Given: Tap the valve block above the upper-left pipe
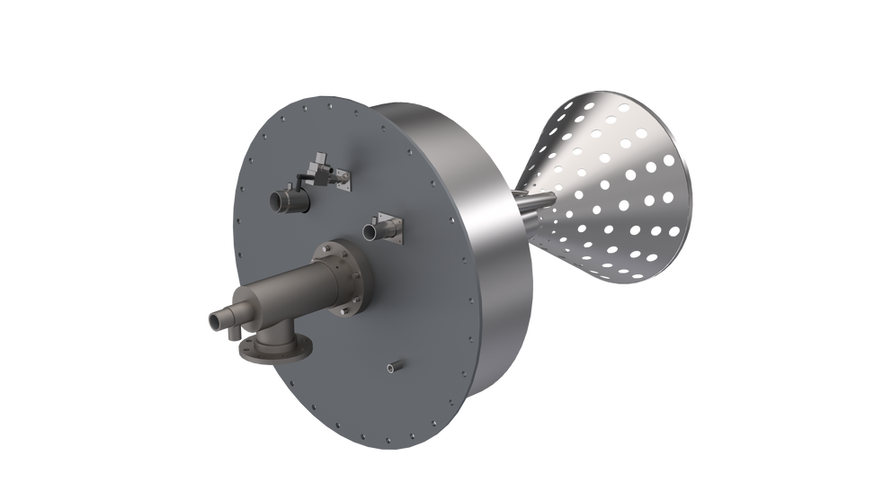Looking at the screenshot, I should coord(316,165).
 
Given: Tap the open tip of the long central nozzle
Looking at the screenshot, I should coord(215,319).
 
